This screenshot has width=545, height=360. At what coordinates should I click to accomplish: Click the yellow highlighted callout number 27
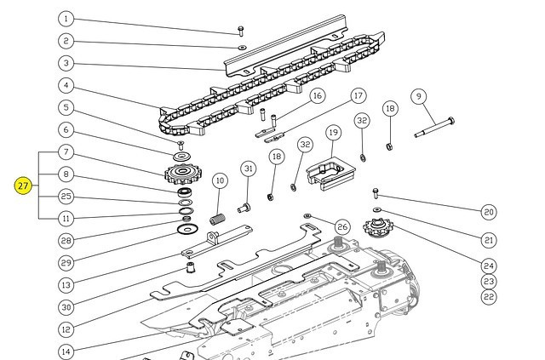tap(23, 186)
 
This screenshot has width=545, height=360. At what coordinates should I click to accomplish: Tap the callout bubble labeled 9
tap(418, 96)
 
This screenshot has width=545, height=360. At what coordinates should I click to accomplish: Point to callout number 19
tap(333, 132)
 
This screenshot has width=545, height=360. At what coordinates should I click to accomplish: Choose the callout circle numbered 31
tap(248, 169)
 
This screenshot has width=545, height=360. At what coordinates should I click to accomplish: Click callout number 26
tap(341, 226)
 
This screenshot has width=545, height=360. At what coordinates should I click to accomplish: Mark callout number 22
tap(489, 297)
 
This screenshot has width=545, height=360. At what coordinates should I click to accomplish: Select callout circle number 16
tap(293, 95)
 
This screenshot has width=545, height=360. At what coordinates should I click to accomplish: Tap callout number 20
tap(489, 212)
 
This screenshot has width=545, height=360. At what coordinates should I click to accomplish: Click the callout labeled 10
tap(220, 180)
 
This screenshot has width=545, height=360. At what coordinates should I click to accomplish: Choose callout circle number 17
tap(359, 95)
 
